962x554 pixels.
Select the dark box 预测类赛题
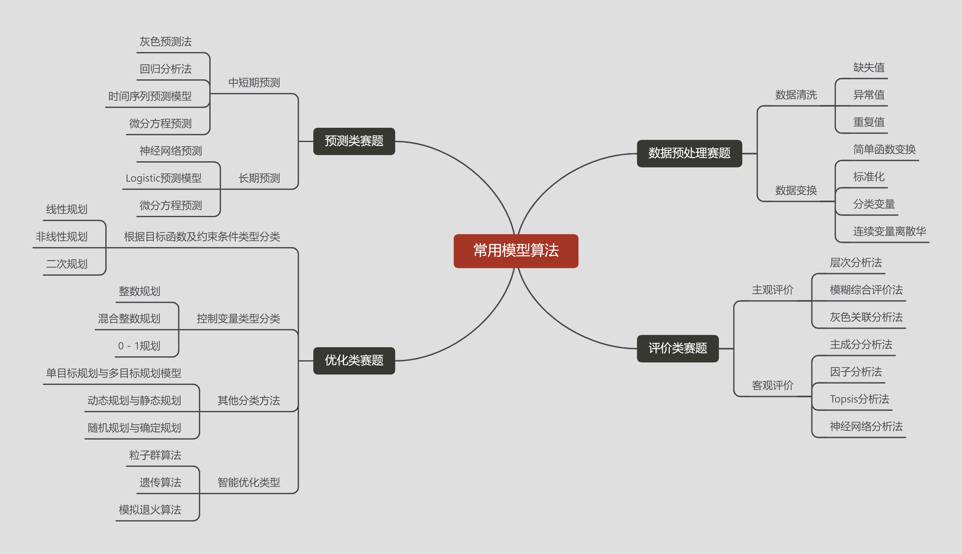point(354,141)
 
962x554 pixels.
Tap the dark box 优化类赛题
point(354,360)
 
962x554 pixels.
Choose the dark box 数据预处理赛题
point(689,153)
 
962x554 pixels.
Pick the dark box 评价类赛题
point(678,348)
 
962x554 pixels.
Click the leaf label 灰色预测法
point(165,42)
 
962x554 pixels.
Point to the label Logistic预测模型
point(163,178)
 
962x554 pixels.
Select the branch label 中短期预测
point(254,83)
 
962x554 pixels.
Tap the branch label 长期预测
point(259,178)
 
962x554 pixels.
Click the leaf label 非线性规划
point(62,237)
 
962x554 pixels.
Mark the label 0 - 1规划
point(139,346)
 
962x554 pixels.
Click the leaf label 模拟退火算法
point(150,510)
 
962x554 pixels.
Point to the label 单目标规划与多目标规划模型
point(113,373)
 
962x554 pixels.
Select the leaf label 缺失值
point(868,68)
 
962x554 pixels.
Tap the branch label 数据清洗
point(796,95)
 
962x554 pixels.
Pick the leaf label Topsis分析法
point(859,399)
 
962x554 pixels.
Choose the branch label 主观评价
point(772,290)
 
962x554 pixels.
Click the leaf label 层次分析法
point(855,263)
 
